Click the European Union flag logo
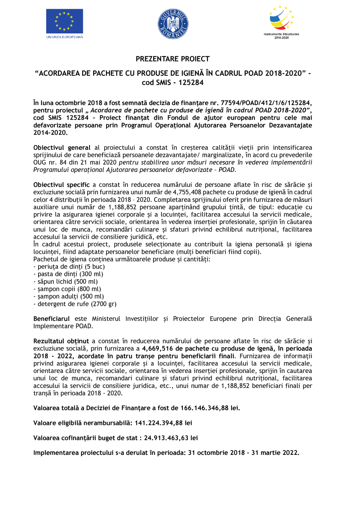click(x=64, y=21)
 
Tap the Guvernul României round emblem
click(x=173, y=24)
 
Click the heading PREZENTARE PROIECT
click(x=173, y=59)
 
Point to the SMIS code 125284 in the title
click(x=191, y=83)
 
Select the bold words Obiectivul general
click(x=62, y=148)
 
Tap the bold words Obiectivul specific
click(x=61, y=185)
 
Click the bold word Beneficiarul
click(x=51, y=319)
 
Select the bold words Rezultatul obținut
click(x=61, y=341)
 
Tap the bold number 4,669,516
click(x=157, y=349)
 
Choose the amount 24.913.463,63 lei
click(x=171, y=438)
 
